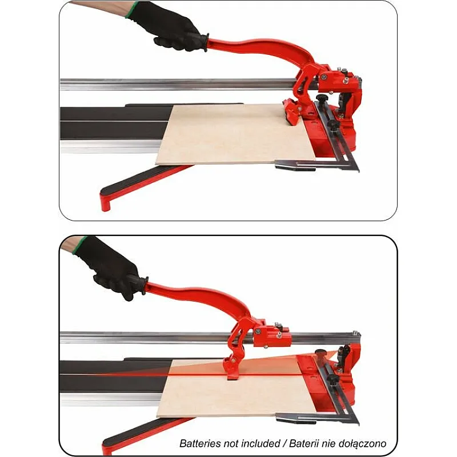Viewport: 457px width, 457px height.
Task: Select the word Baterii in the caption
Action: tap(304, 443)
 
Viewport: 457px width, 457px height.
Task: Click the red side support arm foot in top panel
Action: tap(105, 201)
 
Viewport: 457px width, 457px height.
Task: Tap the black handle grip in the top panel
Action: tap(201, 41)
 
